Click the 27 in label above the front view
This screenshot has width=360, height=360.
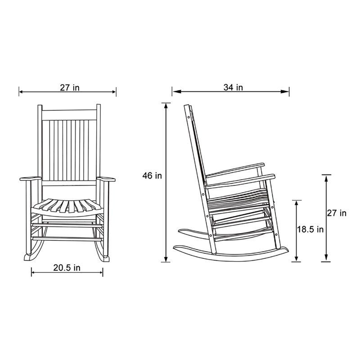pos(69,88)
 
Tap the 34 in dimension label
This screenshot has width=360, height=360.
pos(233,87)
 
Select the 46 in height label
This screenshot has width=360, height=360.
pos(152,176)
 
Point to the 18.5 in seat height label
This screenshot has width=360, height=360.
pos(310,229)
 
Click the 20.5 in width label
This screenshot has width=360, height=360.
pos(67,268)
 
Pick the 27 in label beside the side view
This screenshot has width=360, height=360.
pos(337,213)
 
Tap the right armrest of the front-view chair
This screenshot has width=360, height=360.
pos(106,180)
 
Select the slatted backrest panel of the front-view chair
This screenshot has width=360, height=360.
pos(69,148)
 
